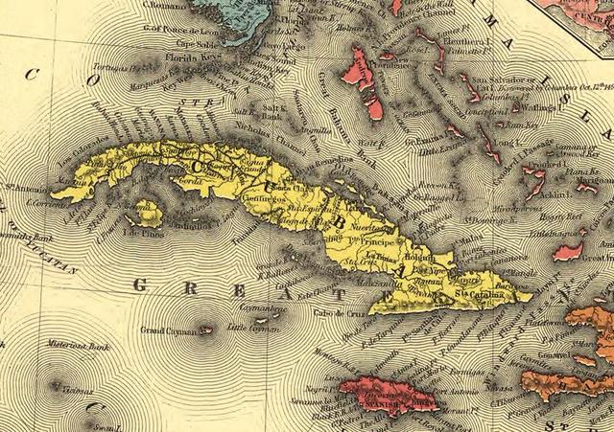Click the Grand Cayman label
[167, 330]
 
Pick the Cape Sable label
[193, 43]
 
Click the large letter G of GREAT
[141, 285]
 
